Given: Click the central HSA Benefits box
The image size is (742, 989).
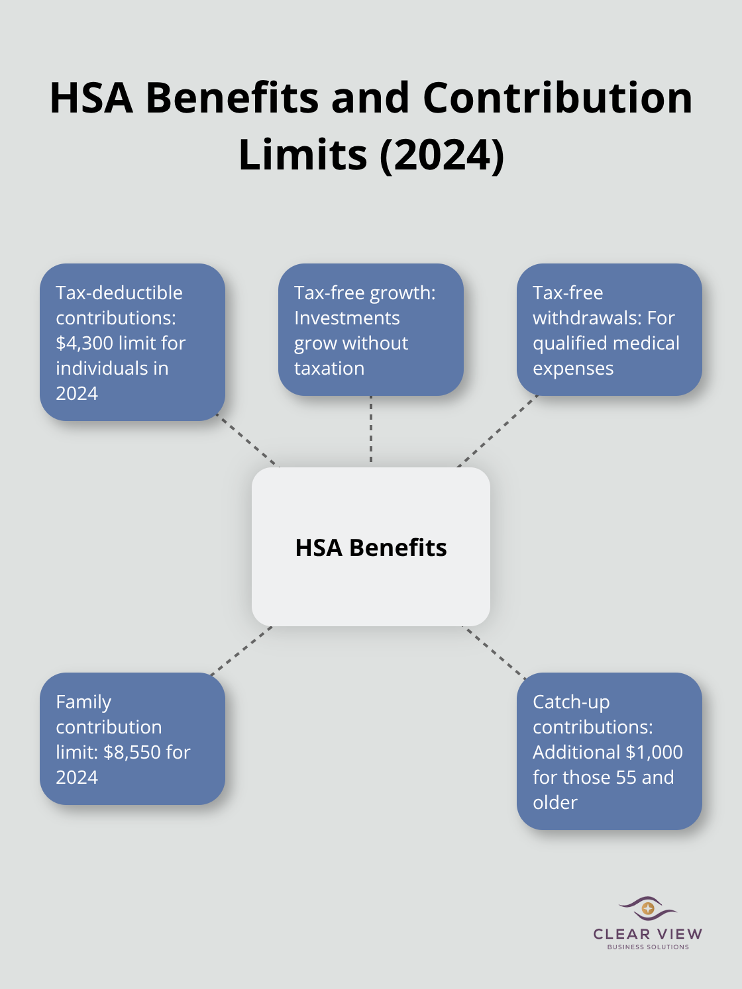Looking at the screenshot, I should click(x=371, y=547).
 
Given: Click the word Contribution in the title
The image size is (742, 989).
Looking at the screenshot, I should click(x=558, y=98).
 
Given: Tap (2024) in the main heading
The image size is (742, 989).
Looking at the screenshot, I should click(x=442, y=155).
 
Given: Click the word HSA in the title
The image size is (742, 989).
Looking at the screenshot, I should click(x=91, y=98).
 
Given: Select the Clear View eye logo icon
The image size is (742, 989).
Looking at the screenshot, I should click(x=647, y=908).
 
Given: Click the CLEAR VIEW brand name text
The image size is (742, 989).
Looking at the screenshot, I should click(x=647, y=934).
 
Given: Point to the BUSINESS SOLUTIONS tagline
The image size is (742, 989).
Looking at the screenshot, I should click(x=647, y=947).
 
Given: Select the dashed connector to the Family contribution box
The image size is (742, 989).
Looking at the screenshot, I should click(x=241, y=651).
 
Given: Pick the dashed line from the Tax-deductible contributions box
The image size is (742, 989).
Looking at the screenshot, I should click(x=248, y=442).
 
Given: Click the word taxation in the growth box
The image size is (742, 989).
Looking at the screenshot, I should click(x=329, y=368).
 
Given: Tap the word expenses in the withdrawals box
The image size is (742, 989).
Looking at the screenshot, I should click(x=573, y=368).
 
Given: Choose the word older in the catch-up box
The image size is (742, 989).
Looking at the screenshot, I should click(x=555, y=802).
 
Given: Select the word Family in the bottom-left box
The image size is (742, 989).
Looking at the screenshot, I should click(x=83, y=702).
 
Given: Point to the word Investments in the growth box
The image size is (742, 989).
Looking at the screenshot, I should click(x=346, y=318).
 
